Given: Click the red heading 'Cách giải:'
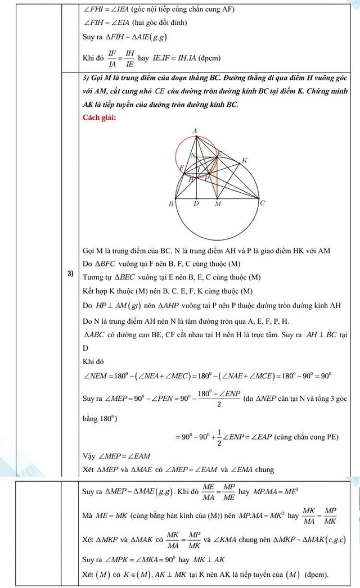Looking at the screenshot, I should point(99,117).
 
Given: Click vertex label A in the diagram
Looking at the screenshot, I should point(195,131).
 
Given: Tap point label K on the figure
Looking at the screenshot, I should point(244,161).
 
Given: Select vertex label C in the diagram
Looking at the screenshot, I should point(263,203).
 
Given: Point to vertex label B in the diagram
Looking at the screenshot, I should point(171,204).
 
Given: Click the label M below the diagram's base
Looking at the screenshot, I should point(218,205).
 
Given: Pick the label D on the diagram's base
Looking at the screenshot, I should point(196,203).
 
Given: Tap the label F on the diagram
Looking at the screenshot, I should point(181,168).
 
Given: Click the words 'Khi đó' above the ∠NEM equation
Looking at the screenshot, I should point(91,362).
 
